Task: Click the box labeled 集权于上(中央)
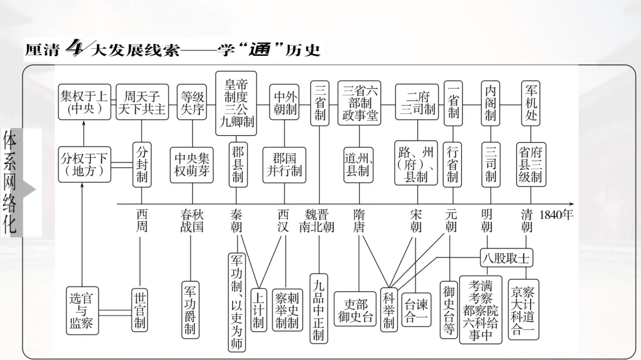pos(84,102)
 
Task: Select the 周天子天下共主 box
pos(142,102)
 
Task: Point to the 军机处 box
pos(531,103)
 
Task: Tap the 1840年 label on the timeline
pos(556,215)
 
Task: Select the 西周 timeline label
pos(141,221)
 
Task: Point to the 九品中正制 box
pos(319,307)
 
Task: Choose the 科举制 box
pos(389,310)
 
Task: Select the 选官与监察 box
pos(82,310)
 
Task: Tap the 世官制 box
pos(140,310)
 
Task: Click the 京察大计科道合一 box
pos(523,310)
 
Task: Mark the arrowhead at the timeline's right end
pos(571,203)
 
